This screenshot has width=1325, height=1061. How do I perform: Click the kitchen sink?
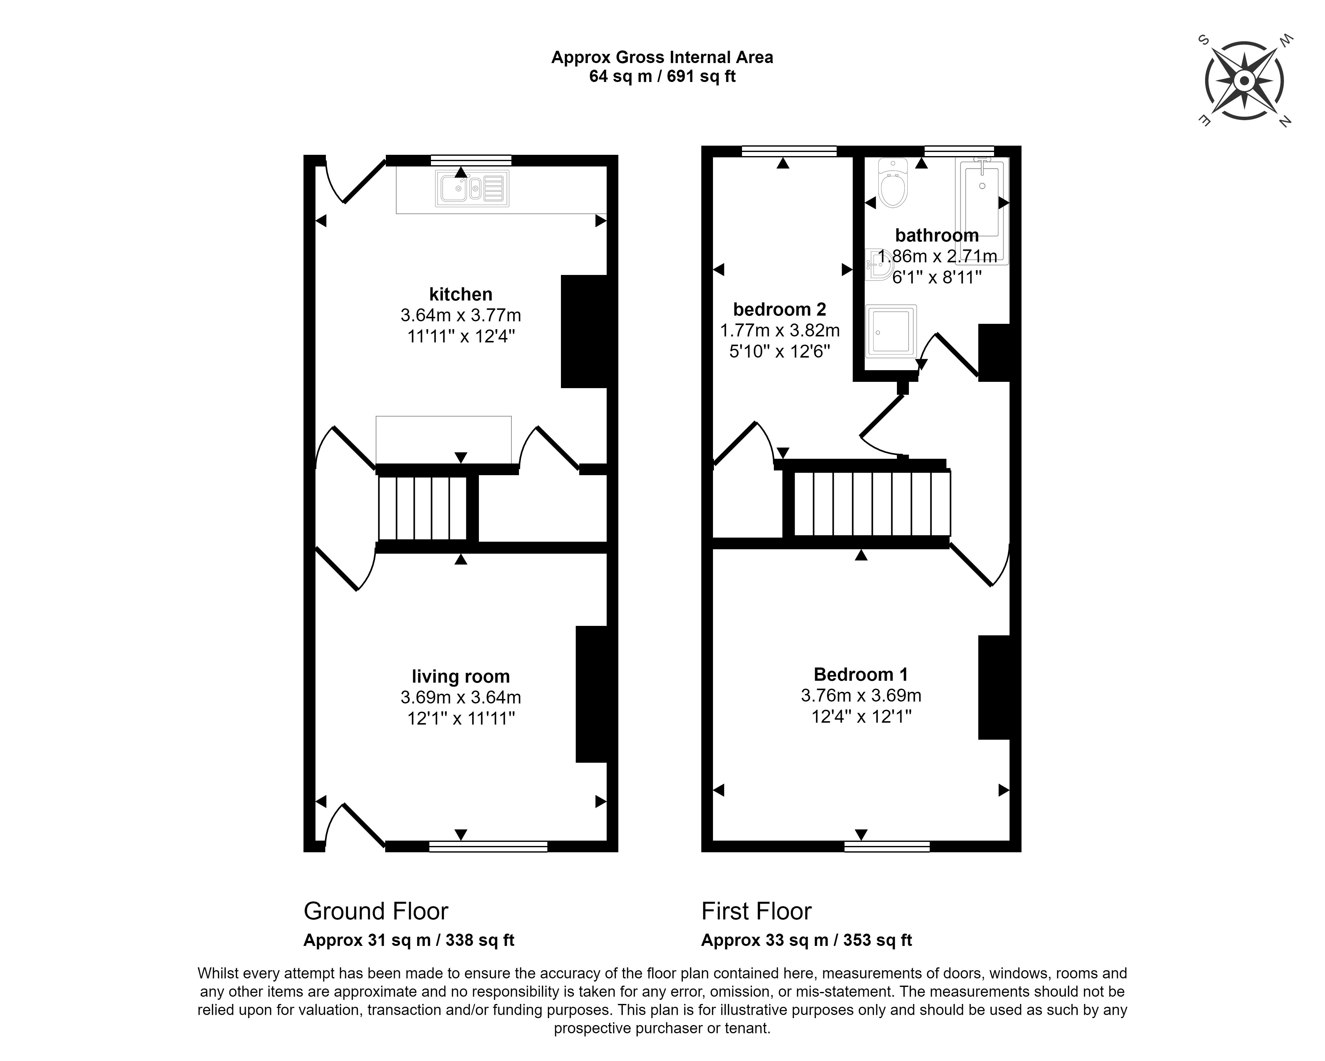click(x=472, y=188)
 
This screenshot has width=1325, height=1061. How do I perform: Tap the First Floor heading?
click(x=757, y=911)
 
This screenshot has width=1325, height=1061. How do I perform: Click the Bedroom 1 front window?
click(x=887, y=847)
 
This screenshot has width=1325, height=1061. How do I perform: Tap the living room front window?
click(x=488, y=847)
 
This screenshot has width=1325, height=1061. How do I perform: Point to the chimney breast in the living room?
click(x=591, y=694)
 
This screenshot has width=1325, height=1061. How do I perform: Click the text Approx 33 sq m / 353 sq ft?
click(x=806, y=940)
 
